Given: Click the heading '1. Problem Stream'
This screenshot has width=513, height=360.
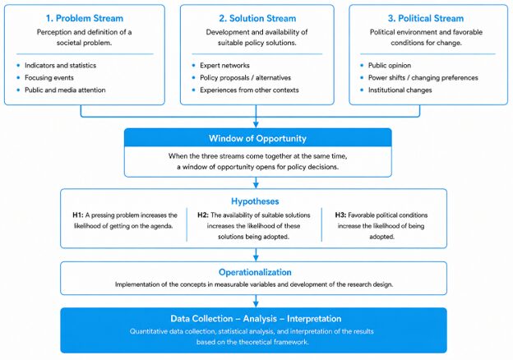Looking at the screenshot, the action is click(x=85, y=18).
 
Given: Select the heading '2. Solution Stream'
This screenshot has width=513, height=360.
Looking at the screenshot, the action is click(x=257, y=18).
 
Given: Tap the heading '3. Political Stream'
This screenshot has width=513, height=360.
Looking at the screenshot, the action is click(x=426, y=18).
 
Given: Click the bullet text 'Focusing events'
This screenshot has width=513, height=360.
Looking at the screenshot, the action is click(x=49, y=78).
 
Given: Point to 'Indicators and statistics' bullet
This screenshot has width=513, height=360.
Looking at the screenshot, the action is click(x=61, y=66).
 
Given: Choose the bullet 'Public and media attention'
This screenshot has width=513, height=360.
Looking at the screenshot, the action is click(x=65, y=90).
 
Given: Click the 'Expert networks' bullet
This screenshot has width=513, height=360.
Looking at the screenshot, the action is click(x=224, y=66).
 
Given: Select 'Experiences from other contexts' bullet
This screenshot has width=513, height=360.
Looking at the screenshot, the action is click(x=249, y=90).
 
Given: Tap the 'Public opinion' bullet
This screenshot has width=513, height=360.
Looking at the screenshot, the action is click(x=390, y=66).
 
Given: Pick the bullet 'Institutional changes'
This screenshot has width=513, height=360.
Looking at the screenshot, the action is click(x=400, y=90).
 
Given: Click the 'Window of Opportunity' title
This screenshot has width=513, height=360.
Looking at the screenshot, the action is click(x=257, y=138).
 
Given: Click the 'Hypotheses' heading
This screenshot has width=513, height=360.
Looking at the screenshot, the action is click(x=255, y=201).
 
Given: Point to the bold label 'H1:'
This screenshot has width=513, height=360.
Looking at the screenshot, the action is click(x=78, y=215).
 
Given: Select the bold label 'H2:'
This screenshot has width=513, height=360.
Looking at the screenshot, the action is click(x=203, y=215).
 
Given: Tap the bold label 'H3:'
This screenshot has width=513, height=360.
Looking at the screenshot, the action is click(x=340, y=215).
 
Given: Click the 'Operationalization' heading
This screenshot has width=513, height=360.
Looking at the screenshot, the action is click(x=255, y=272).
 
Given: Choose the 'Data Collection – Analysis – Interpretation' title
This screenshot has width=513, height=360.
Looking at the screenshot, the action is click(x=256, y=318).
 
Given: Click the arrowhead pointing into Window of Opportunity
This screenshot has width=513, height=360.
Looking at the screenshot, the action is click(x=256, y=125).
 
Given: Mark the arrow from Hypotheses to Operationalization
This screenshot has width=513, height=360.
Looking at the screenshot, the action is click(x=256, y=255).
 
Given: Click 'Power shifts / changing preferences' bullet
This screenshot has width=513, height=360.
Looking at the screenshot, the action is click(x=423, y=78).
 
